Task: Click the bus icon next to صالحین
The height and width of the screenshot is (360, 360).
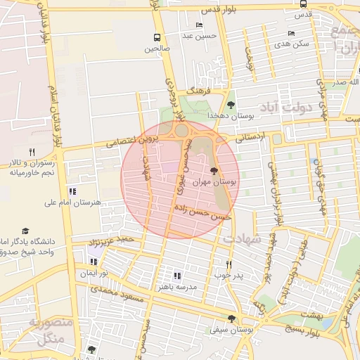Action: tap(155, 37)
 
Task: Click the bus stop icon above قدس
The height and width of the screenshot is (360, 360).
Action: tap(302, 4)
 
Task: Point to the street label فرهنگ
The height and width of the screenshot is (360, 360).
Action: tap(199, 91)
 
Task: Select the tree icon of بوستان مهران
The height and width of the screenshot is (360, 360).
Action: tap(214, 170)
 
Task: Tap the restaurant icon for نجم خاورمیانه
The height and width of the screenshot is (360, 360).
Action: tap(32, 152)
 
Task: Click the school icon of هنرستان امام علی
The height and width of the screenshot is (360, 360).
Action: tap(72, 191)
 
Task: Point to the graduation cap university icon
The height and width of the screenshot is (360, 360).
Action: tap(26, 231)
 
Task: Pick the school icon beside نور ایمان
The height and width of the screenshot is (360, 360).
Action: tap(94, 262)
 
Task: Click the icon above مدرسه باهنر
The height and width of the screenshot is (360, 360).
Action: tap(177, 276)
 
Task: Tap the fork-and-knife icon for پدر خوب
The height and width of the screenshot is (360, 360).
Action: tap(229, 264)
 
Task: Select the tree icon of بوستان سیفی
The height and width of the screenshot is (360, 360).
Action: tap(231, 318)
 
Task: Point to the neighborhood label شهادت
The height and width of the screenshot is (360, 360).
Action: tap(241, 239)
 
